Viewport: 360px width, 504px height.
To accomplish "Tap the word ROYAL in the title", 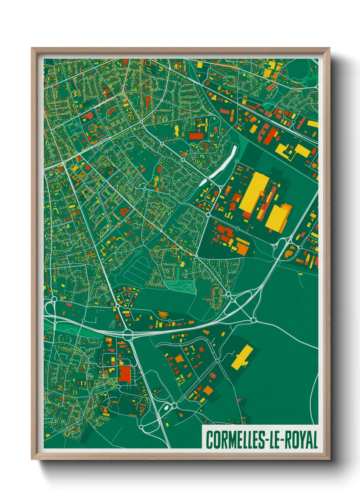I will tap(301, 440).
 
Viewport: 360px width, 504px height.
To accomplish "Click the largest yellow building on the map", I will tap(253, 192).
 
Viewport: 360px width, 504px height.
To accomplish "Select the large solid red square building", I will tap(125, 374).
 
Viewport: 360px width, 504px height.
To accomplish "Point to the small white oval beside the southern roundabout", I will tap(166, 407).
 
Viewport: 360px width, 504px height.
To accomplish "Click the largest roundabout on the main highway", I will tap(128, 333).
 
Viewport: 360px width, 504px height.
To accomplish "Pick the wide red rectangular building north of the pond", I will tap(196, 136).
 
